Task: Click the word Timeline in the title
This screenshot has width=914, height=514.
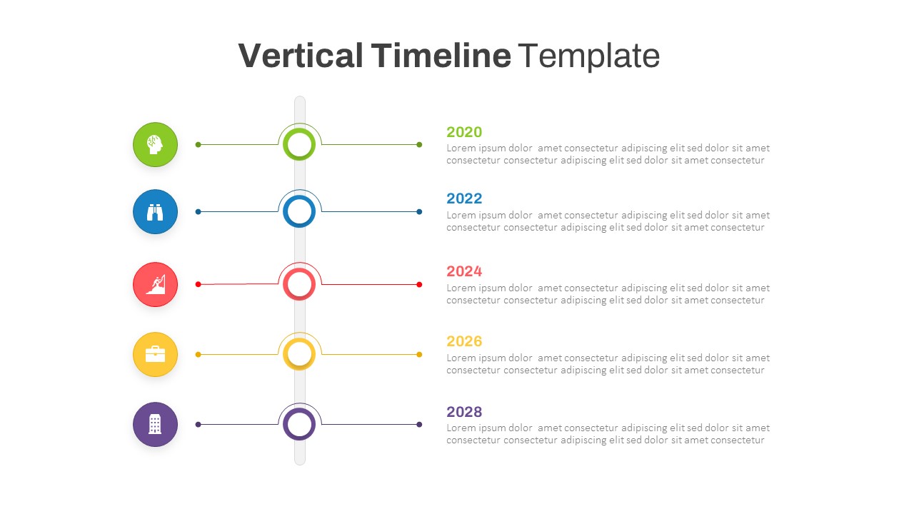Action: (441, 56)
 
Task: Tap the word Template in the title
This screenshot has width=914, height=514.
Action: (588, 56)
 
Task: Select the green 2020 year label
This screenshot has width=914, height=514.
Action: (464, 132)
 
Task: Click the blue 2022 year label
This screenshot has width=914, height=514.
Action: (464, 198)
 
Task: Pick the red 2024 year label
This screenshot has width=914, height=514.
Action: (464, 271)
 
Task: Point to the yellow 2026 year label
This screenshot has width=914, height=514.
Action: (464, 341)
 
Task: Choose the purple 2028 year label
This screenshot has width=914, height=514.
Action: (464, 412)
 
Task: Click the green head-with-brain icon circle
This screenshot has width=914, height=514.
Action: (155, 144)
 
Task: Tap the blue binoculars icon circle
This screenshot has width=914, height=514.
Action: (155, 211)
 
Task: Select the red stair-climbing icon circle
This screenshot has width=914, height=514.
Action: (155, 284)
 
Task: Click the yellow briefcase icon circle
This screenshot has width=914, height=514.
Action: (155, 354)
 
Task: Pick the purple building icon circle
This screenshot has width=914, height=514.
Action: (155, 424)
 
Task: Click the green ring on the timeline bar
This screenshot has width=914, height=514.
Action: (299, 144)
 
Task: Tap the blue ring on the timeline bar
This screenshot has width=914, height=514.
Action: (299, 211)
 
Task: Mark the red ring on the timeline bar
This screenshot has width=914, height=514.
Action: (299, 284)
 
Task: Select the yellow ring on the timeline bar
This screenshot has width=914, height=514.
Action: (299, 354)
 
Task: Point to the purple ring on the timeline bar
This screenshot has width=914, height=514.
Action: (299, 424)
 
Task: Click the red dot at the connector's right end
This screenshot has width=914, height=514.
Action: (419, 284)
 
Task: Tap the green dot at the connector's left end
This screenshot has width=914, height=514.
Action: (198, 144)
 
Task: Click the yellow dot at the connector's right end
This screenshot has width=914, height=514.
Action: (419, 354)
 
